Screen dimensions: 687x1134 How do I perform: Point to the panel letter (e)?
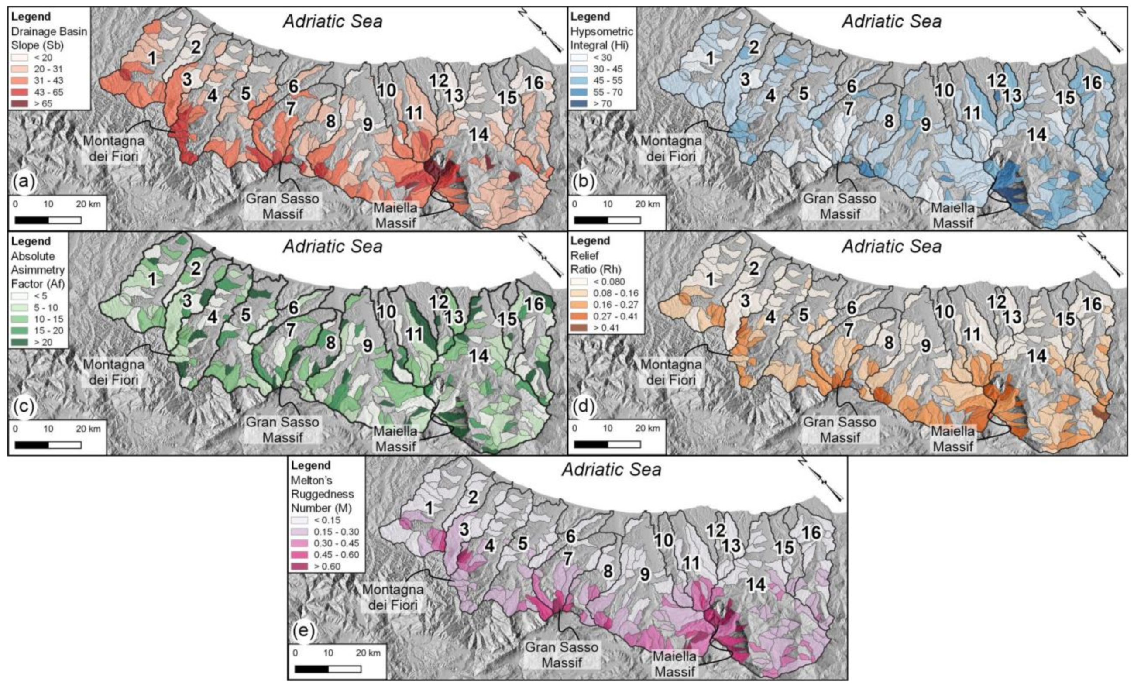tap(303, 631)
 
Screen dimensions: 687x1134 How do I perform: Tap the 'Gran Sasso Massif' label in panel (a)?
tap(282, 206)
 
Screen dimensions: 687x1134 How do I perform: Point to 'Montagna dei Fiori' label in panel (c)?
tap(113, 372)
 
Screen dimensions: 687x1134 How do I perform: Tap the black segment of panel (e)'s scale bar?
tap(312, 669)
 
